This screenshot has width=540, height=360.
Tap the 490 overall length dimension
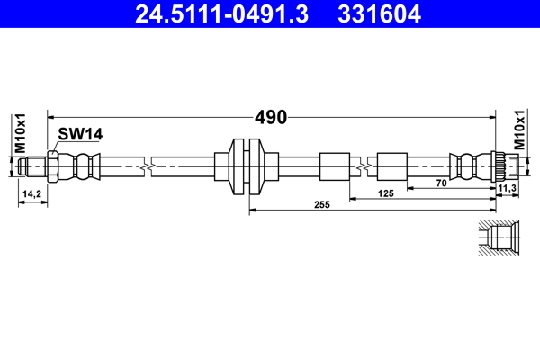[270, 117]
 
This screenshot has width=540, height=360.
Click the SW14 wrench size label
[81, 134]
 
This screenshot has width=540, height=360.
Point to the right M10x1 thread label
[520, 131]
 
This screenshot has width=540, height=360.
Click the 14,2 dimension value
[32, 193]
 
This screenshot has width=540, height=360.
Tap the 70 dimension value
[441, 183]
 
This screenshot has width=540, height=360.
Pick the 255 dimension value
[322, 205]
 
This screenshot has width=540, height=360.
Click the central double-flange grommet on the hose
[246, 166]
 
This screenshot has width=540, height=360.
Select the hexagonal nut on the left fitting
[54, 166]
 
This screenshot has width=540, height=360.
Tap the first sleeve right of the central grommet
[333, 166]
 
